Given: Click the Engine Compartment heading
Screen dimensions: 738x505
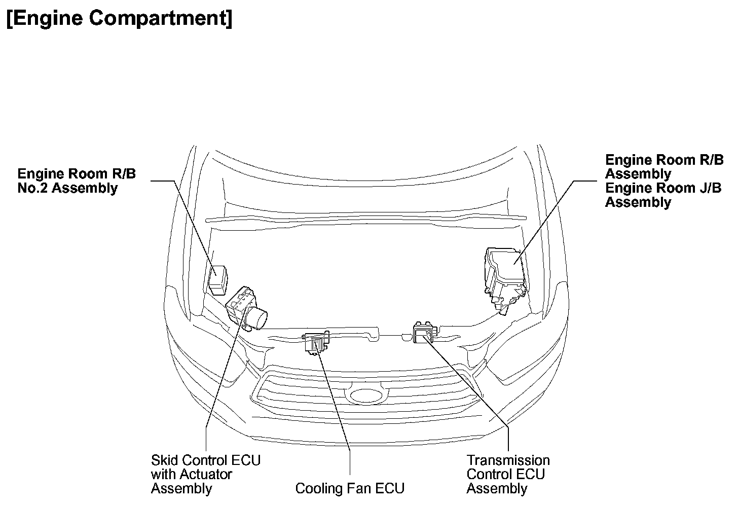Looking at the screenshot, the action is (x=120, y=19).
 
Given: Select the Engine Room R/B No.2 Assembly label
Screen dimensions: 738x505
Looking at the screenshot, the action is (x=77, y=181).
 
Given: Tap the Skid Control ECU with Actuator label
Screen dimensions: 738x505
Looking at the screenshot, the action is (x=206, y=475).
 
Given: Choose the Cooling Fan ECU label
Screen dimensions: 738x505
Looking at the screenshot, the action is (x=350, y=488).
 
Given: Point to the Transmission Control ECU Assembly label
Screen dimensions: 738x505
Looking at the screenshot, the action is (x=508, y=475).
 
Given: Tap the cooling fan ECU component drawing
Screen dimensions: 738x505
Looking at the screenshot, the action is (x=316, y=343).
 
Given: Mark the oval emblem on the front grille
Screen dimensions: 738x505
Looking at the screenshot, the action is (x=364, y=396).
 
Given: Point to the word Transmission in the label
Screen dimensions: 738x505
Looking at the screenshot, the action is (x=508, y=460).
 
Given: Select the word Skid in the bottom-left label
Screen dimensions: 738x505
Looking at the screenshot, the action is (x=163, y=460).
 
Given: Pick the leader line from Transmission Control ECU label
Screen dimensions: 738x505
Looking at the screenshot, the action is (x=471, y=385).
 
